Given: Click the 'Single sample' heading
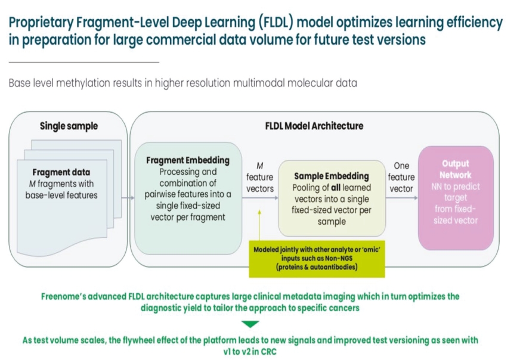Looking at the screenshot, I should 69,126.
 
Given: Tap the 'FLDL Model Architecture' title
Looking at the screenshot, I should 314,126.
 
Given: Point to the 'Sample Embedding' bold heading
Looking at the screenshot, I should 332,176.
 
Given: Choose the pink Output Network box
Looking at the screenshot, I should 456,197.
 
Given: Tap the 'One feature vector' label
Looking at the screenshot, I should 401,177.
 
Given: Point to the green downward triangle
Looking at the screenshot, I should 252,324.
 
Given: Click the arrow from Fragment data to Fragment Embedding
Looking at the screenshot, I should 128,197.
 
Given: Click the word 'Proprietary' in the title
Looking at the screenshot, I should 37,23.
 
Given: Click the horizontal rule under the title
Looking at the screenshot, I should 83,62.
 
